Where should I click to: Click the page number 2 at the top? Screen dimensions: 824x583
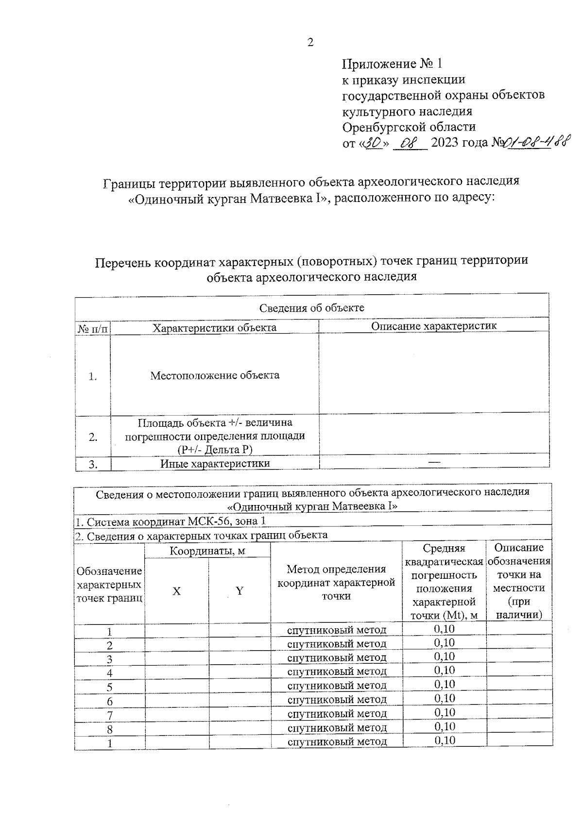[310, 42]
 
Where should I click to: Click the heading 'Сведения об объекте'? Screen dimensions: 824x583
[311, 308]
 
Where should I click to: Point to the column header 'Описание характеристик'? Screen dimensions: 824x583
[434, 326]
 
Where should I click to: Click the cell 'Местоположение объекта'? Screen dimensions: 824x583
[215, 375]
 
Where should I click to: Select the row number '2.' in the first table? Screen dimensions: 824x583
[93, 437]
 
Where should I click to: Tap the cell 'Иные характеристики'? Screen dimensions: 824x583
[215, 463]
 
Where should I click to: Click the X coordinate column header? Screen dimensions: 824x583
[177, 591]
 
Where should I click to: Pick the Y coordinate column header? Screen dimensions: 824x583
[240, 591]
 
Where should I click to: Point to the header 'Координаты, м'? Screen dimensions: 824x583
[207, 551]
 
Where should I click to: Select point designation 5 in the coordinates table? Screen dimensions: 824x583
[110, 687]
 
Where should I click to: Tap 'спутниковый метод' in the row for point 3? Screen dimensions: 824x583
[337, 657]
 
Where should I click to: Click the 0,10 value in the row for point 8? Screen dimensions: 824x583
[445, 726]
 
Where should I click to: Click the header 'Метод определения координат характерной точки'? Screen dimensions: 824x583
[336, 582]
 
